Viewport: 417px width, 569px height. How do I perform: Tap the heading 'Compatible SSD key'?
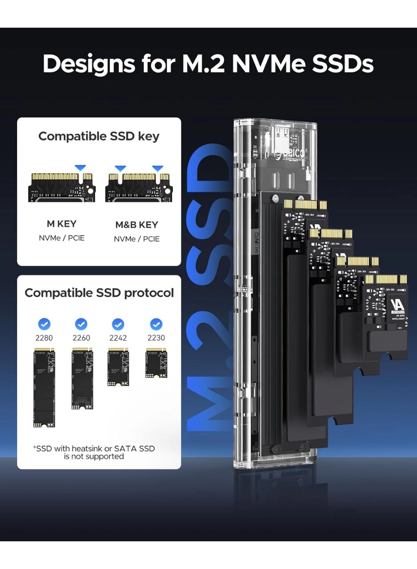coord(99,136)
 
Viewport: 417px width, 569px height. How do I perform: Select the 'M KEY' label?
coord(62,224)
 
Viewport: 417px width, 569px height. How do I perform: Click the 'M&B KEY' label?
coord(136,225)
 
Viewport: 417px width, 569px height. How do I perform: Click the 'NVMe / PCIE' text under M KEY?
coord(62,238)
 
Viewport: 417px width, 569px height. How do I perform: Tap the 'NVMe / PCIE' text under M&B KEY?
coord(136,239)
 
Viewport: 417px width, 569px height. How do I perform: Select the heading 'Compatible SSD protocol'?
coord(99,293)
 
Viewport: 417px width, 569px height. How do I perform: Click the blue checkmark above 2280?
coord(44,324)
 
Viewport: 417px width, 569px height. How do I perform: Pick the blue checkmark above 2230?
coord(156,324)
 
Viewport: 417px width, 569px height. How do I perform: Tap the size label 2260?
coord(81,338)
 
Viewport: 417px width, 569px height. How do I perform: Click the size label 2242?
coord(118,338)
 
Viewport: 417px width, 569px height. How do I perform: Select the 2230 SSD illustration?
coord(156,363)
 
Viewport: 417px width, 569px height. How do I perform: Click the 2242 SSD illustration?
coord(118,367)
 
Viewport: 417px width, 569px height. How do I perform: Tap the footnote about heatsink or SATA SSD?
coord(94,453)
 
